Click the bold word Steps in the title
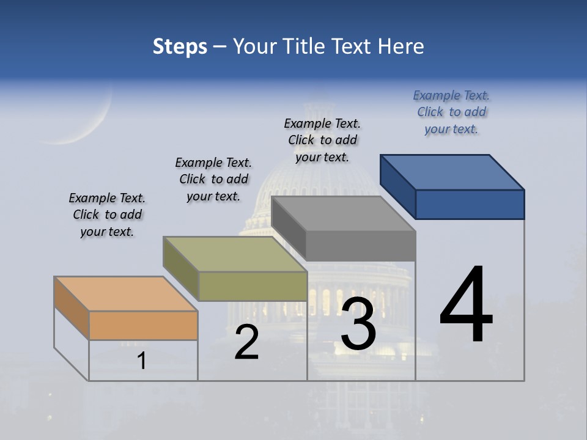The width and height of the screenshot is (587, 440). pos(180,46)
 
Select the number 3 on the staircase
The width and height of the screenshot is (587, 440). pos(358,323)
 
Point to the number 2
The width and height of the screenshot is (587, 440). pos(246,342)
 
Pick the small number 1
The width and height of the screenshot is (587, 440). pos(142,361)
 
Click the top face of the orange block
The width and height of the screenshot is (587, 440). pos(125,294)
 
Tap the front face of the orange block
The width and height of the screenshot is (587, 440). pos(143,325)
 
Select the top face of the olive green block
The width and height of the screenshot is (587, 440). pos(235,254)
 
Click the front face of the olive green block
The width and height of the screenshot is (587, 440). pos(253,286)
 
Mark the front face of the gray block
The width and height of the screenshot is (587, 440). pos(361,246)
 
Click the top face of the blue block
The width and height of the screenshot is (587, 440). pos(452,172)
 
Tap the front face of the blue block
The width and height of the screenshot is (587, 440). pos(470,204)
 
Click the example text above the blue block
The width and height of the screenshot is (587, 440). pos(451,112)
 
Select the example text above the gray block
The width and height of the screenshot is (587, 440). pos(322,141)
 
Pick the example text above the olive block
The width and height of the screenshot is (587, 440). pos(213,179)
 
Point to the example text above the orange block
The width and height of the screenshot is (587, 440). pos(107,215)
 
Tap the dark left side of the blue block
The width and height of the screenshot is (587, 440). pos(397,186)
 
